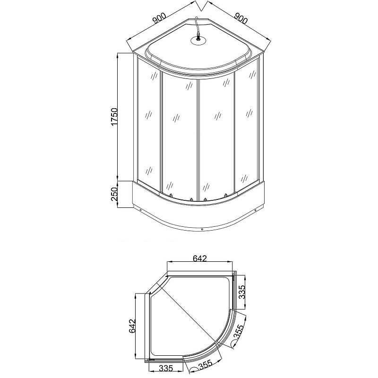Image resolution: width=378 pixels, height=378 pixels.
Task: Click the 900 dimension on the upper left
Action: pyautogui.click(x=159, y=18)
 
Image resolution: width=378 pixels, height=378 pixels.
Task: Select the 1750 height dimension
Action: pyautogui.click(x=114, y=117)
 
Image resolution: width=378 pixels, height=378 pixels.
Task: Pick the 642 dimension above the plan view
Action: pyautogui.click(x=200, y=258)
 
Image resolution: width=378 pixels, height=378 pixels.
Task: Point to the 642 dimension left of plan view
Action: pyautogui.click(x=132, y=326)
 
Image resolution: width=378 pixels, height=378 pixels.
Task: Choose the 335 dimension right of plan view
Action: pyautogui.click(x=242, y=292)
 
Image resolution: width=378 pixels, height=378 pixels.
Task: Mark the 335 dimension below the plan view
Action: pyautogui.click(x=166, y=368)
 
